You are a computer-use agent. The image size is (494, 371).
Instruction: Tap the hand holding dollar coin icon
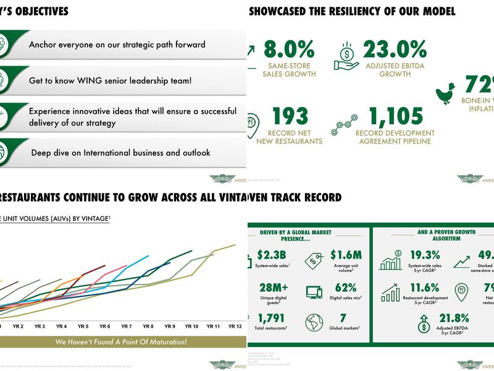(346, 56)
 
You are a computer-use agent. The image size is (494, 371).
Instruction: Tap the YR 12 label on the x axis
(235, 326)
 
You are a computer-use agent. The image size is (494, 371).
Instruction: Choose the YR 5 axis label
(83, 326)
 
